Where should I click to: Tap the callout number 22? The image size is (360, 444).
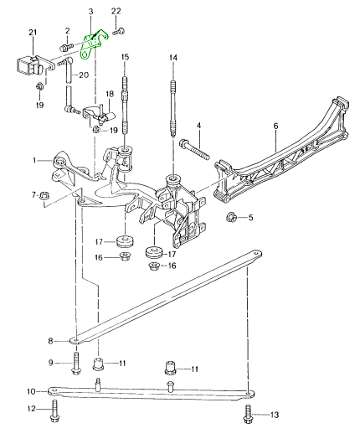click(116, 12)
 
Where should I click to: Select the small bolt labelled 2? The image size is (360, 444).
click(64, 47)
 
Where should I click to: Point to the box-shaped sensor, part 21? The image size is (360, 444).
click(31, 65)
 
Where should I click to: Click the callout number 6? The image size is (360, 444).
click(275, 126)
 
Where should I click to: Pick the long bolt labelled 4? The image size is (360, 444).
click(194, 148)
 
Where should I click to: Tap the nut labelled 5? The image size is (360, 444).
click(232, 218)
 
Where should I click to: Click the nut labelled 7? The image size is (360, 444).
click(44, 195)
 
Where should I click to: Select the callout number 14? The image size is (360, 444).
click(173, 58)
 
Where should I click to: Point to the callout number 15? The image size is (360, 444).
click(125, 57)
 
